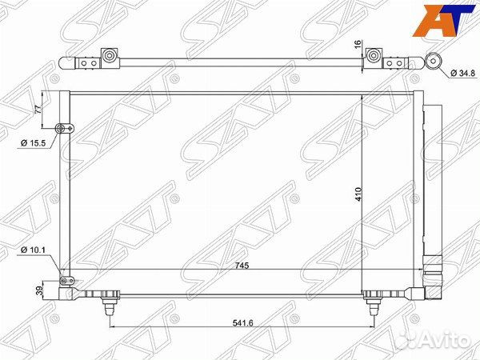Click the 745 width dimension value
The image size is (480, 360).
click(x=242, y=266)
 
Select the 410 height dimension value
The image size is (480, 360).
click(x=358, y=194)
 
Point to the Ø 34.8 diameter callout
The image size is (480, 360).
click(x=463, y=73)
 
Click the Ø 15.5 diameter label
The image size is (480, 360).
click(x=33, y=142)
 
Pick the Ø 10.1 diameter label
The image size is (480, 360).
click(x=33, y=250)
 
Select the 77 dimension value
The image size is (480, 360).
click(x=38, y=110)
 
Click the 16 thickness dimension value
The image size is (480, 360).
click(x=358, y=44)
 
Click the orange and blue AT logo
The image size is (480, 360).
click(x=444, y=21)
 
